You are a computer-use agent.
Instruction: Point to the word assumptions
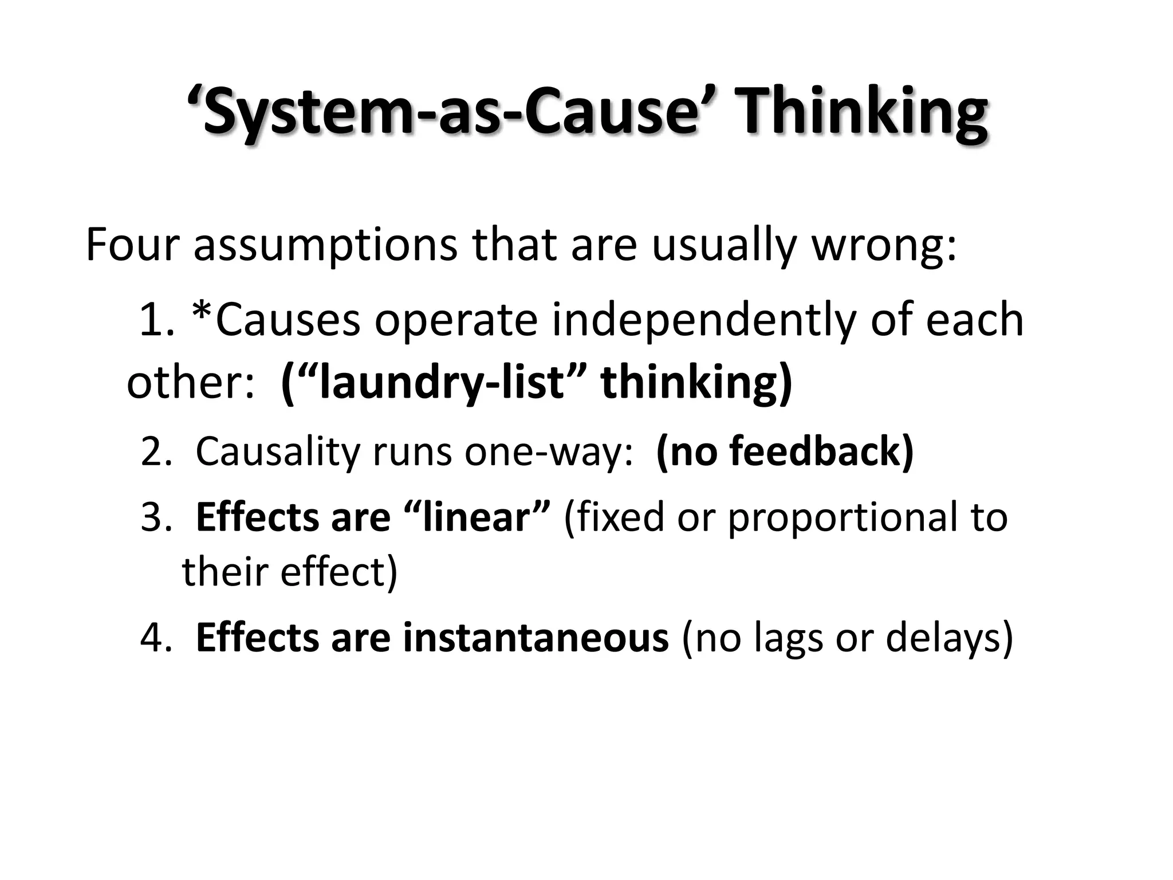tap(325, 245)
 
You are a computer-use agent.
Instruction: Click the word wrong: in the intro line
tap(885, 245)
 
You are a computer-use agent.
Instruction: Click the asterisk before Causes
tap(203, 315)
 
